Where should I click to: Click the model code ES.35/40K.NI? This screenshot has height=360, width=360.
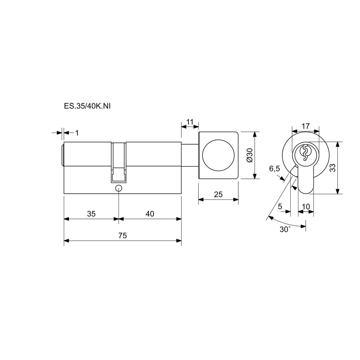[87, 106]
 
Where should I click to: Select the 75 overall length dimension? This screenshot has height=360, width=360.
[123, 235]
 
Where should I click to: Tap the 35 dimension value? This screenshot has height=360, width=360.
[91, 214]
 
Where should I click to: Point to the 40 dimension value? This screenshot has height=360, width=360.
[150, 214]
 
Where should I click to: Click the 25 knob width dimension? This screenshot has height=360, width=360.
[218, 194]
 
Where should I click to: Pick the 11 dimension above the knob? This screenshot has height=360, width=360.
[190, 122]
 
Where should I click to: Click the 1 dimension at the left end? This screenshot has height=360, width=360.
[77, 133]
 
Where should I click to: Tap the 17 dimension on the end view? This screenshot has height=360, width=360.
[306, 126]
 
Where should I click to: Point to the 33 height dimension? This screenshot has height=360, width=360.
[333, 168]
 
